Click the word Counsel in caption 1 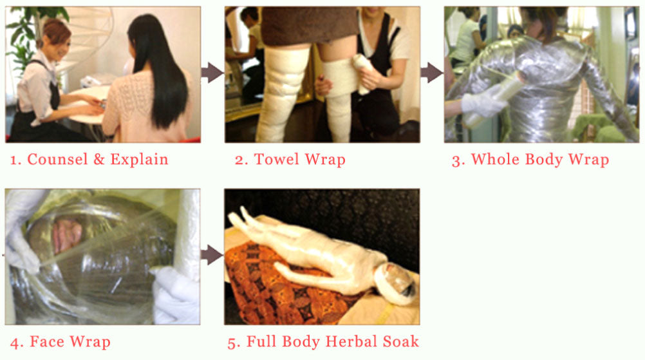pos(57,159)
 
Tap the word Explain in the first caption pos(139,160)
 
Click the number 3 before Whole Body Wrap pos(456,160)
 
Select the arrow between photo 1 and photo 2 pos(212,72)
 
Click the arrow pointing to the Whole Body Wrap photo pos(431,72)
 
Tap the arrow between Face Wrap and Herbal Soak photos pos(212,254)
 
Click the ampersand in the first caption pos(99,160)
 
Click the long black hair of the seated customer pos(158,70)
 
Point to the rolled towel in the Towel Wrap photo pos(362,74)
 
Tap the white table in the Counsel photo pos(88,105)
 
